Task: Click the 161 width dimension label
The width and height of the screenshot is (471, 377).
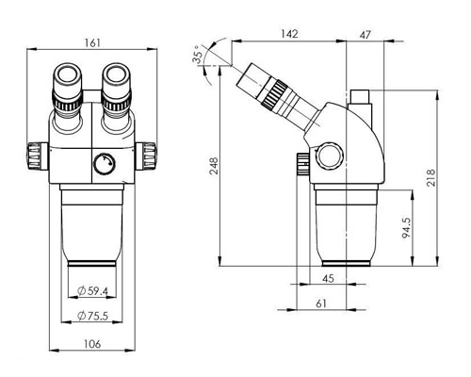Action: pos(90,41)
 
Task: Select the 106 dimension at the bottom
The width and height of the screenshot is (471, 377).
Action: pos(90,345)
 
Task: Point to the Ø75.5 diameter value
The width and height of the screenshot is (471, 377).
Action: pos(91,316)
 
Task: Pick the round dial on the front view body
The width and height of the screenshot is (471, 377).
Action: pos(102,167)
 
